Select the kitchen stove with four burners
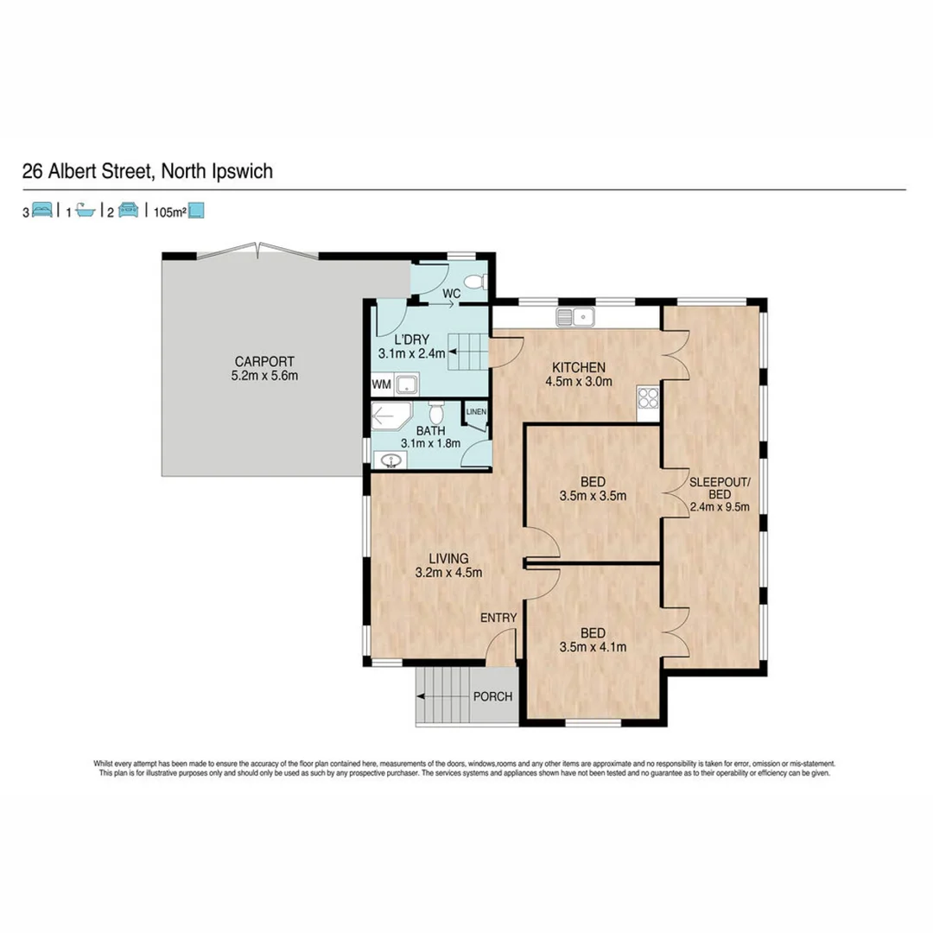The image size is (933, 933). [x=648, y=398]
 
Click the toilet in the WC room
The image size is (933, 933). [x=477, y=281]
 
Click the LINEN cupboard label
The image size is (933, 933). [x=476, y=412]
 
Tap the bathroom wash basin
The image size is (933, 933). [x=390, y=460]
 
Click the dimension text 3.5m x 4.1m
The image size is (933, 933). [x=593, y=646]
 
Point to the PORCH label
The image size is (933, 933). [x=493, y=696]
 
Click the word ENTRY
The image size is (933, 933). [x=498, y=617]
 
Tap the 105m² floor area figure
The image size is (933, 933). [x=170, y=211]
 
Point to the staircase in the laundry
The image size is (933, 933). [x=467, y=352]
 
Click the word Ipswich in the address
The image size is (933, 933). [x=241, y=171]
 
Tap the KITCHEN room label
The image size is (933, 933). [x=579, y=366]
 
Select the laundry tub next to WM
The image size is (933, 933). [x=407, y=384]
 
